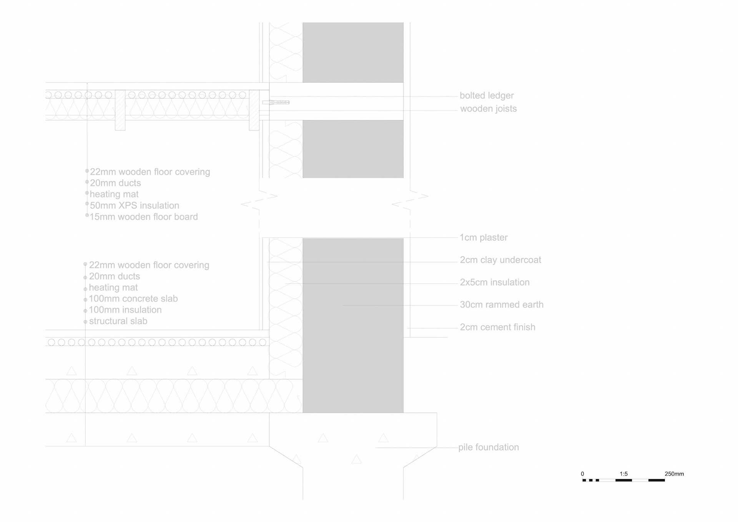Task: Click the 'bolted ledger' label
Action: (x=487, y=95)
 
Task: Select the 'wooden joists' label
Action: (x=488, y=108)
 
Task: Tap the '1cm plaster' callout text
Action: (x=484, y=237)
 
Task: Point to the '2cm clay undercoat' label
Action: (x=500, y=260)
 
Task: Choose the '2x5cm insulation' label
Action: (x=495, y=282)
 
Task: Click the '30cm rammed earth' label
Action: (x=502, y=305)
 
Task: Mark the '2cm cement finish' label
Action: (x=497, y=327)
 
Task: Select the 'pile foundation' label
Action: (x=489, y=447)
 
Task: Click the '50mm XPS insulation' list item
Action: (x=135, y=205)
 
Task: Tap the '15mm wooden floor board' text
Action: (x=144, y=217)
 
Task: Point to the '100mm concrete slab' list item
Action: (x=133, y=299)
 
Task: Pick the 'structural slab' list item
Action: (x=118, y=321)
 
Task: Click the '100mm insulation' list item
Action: (x=125, y=310)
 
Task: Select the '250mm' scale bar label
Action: (x=674, y=474)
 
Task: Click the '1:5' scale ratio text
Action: (x=623, y=474)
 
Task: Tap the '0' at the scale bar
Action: (x=582, y=474)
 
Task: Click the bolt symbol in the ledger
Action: (x=276, y=102)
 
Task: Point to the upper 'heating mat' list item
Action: (x=114, y=194)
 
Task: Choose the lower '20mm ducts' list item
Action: (x=114, y=276)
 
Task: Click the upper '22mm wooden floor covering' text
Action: (x=150, y=172)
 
